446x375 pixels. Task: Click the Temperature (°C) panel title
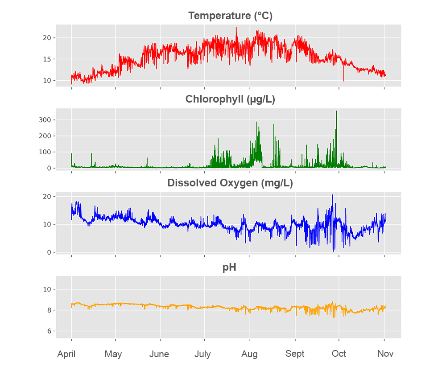[x=230, y=16]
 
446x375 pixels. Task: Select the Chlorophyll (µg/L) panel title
[x=230, y=99]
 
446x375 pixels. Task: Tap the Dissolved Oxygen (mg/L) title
[x=230, y=183]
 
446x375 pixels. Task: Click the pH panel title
[x=229, y=267]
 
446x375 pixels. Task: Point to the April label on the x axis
[x=66, y=354]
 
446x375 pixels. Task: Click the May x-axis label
[x=113, y=354]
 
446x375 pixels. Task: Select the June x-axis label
[x=159, y=354]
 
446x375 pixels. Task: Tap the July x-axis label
[x=202, y=354]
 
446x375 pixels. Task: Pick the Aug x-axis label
[x=249, y=354]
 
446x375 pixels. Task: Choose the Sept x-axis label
[x=295, y=354]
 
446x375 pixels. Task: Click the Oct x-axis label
[x=339, y=354]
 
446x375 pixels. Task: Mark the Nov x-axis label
[x=385, y=354]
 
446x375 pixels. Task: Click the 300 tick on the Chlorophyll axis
[x=47, y=120]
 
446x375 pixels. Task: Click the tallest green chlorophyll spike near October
[x=336, y=111]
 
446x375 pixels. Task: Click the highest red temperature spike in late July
[x=236, y=28]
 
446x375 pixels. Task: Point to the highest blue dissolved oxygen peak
[x=332, y=195]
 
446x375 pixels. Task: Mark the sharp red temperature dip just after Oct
[x=343, y=80]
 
